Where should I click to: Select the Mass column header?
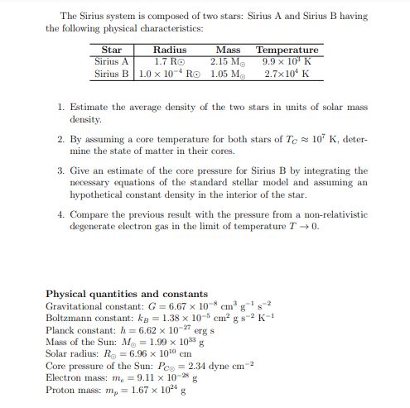[229, 50]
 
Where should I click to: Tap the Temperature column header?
[287, 50]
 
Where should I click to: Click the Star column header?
[112, 50]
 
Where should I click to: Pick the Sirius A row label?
[112, 61]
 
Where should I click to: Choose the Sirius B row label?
[112, 73]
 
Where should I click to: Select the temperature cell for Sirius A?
[287, 61]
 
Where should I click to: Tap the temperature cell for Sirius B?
[287, 73]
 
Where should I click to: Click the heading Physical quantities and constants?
[126, 294]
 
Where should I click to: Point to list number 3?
[62, 169]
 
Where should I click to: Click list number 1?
[62, 108]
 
